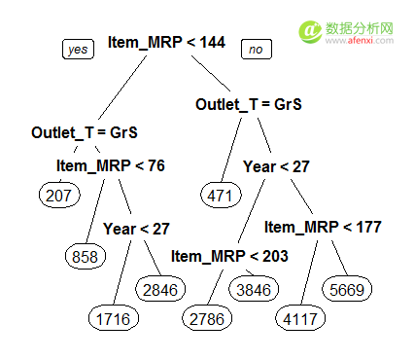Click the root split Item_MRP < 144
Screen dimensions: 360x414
click(x=166, y=42)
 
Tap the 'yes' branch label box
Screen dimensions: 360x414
click(x=78, y=50)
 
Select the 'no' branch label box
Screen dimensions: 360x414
click(x=256, y=49)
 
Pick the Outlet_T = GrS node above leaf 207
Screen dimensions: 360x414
click(x=85, y=131)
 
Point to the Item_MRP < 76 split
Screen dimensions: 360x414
click(x=111, y=165)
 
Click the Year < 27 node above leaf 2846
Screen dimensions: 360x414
click(x=136, y=229)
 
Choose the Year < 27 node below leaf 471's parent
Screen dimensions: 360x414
click(x=276, y=166)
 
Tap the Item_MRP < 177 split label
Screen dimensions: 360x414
click(x=323, y=228)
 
